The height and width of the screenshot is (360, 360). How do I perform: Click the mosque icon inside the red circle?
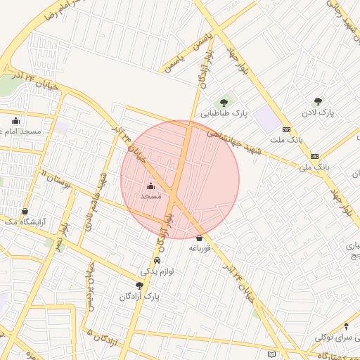tap(150, 186)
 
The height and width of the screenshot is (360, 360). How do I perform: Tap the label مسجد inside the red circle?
tap(150, 197)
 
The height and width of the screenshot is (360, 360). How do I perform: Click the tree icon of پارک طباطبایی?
tap(224, 103)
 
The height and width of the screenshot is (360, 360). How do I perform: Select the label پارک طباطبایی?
tap(223, 113)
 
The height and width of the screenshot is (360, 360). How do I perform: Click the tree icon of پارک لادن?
tap(318, 102)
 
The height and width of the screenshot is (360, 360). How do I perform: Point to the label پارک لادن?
tap(318, 112)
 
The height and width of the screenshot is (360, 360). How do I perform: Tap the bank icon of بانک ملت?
tap(286, 129)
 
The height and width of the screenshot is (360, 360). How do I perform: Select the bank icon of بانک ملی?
tap(314, 156)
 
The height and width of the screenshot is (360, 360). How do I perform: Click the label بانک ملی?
tap(314, 167)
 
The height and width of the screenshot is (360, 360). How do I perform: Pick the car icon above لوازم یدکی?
tap(167, 260)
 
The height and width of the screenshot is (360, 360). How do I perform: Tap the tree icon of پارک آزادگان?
tap(139, 285)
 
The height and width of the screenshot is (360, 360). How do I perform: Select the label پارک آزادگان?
tap(141, 297)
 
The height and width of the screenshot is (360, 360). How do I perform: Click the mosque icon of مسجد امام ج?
tap(16, 120)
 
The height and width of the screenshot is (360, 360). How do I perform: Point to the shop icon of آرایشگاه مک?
tap(26, 211)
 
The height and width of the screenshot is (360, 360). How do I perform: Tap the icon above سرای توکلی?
tap(345, 326)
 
